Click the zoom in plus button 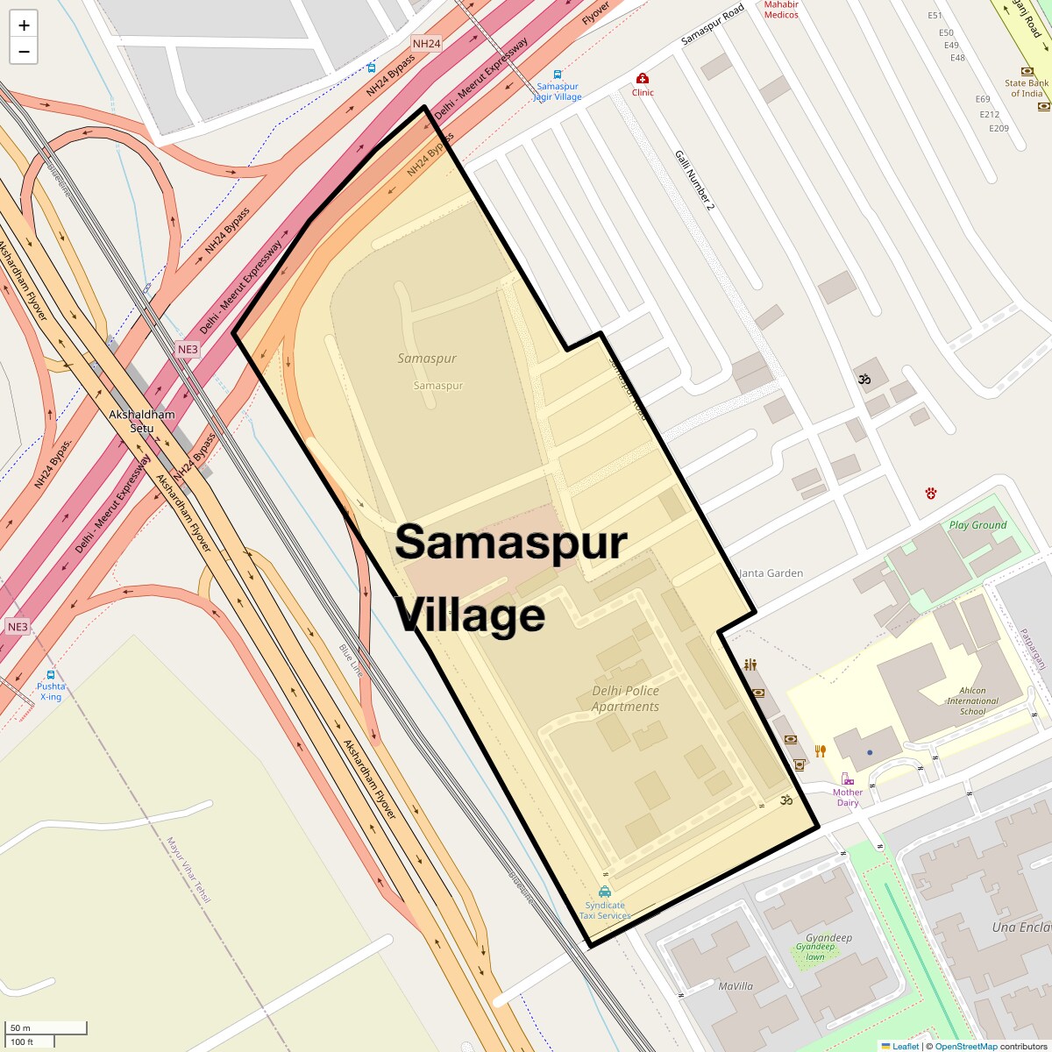coord(24,25)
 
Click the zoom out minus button coord(24,52)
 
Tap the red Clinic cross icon coord(643,79)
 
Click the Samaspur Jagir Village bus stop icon coord(558,75)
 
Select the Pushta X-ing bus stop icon coord(51,675)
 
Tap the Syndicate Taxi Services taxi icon coord(605,892)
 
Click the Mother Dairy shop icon coord(847,778)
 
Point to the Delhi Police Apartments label coord(625,699)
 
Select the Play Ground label coord(977,525)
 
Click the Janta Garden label coord(771,573)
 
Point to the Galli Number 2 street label coord(695,181)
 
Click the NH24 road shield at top coord(426,43)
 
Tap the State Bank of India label coord(1026,89)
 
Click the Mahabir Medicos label coord(781,10)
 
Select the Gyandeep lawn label coord(815,951)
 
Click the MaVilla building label coord(736,986)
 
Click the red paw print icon coord(930,494)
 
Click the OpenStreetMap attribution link coord(965,1046)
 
